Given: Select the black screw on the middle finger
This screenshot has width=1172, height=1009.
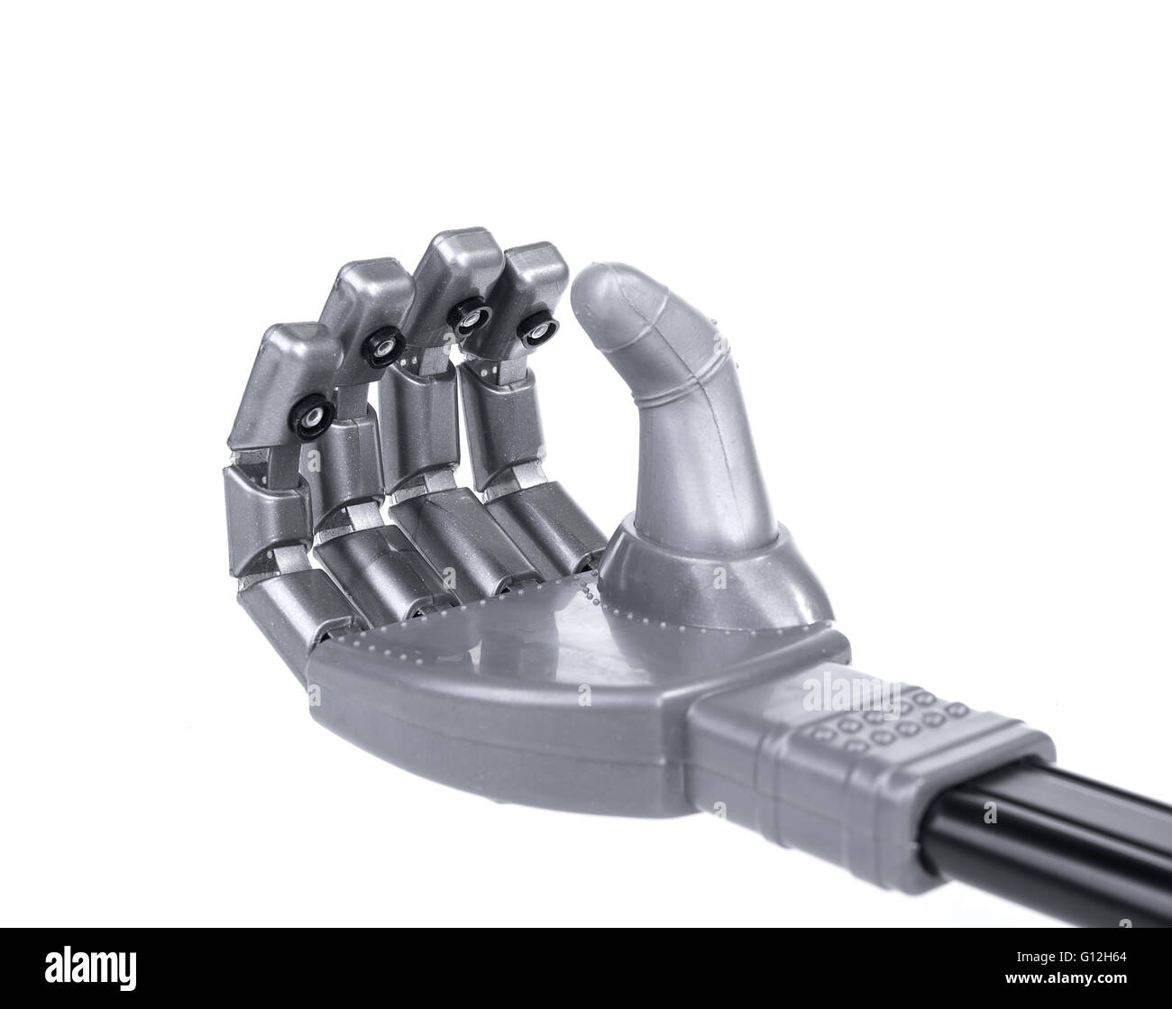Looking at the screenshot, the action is click(x=470, y=320).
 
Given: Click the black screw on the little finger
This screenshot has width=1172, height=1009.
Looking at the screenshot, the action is click(x=313, y=418).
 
